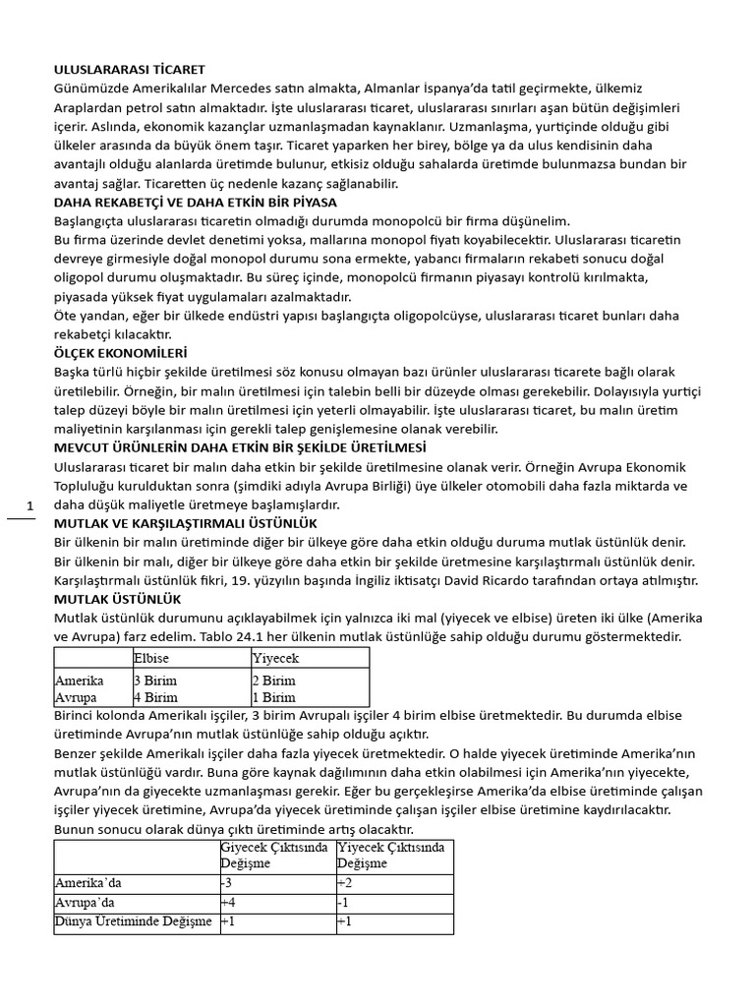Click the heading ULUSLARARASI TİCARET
tap(129, 70)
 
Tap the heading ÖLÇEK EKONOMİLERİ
tap(120, 352)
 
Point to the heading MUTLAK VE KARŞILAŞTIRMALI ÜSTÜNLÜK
tap(185, 522)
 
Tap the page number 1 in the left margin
tap(30, 505)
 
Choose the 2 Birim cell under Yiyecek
tap(274, 681)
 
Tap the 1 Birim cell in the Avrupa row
tap(274, 697)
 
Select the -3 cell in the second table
tap(228, 882)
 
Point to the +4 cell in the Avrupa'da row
tap(228, 902)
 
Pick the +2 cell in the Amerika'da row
tap(344, 882)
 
